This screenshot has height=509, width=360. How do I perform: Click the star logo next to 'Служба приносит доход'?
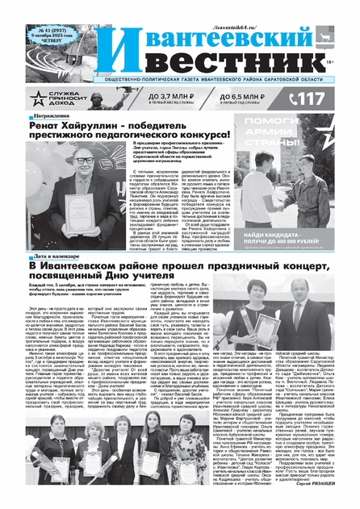[38, 98]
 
